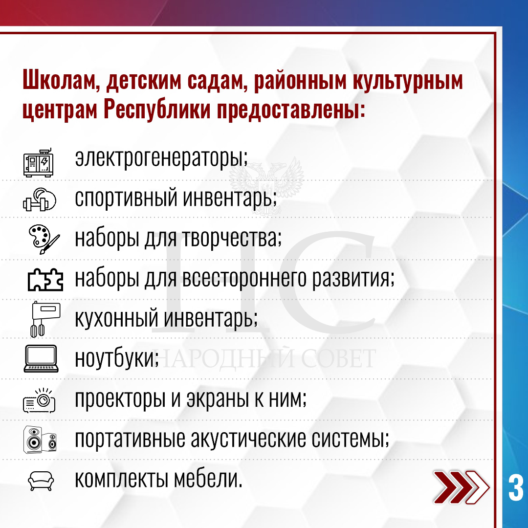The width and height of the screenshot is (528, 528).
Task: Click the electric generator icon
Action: [x=39, y=163]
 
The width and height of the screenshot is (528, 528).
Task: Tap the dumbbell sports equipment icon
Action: [x=40, y=199]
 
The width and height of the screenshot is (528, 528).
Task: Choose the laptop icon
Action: [x=41, y=358]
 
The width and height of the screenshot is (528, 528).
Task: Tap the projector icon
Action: [x=39, y=400]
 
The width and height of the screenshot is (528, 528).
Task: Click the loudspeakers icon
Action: [x=40, y=440]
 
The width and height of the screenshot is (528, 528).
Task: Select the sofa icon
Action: [x=41, y=481]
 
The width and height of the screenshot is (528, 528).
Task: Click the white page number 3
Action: [x=516, y=488]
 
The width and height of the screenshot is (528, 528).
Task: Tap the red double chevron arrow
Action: [x=462, y=487]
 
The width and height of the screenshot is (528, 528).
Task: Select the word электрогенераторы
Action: [x=161, y=158]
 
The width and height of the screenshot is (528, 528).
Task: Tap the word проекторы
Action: [x=120, y=399]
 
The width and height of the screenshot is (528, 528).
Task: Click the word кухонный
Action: [x=116, y=318]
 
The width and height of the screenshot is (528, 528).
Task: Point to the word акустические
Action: [x=248, y=439]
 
